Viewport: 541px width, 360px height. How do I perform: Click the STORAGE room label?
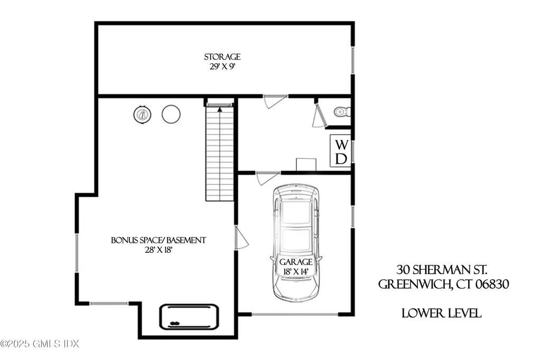pos(222,56)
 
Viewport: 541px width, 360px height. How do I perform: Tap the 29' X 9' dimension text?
pos(222,67)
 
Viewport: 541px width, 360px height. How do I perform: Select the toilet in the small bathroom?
pos(341,112)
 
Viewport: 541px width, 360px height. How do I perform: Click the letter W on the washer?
pos(341,144)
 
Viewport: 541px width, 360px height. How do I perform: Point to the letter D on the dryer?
pos(341,158)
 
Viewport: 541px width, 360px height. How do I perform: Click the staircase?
pos(220,153)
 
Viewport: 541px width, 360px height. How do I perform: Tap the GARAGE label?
pos(296,262)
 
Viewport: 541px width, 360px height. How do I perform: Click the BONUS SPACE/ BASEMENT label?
pos(158,240)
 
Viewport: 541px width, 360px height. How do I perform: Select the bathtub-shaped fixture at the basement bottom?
pos(189,317)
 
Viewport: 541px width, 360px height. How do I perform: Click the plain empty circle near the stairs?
pos(171,114)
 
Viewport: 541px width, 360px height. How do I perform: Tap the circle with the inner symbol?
pos(142,114)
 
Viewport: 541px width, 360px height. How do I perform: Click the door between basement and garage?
pos(241,239)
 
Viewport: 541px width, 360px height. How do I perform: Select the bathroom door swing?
pos(319,116)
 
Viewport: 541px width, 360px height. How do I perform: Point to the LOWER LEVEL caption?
pos(441,314)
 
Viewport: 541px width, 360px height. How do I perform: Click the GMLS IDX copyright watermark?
pos(40,344)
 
